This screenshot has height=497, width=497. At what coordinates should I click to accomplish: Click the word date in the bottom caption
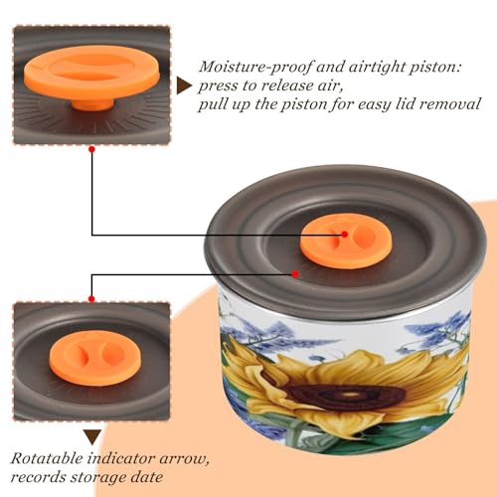tap(151, 477)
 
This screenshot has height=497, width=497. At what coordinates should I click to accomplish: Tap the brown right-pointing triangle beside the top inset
tap(184, 86)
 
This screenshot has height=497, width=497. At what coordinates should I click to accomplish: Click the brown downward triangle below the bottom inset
tap(92, 437)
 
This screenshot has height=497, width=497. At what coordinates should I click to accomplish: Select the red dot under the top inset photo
tap(92, 149)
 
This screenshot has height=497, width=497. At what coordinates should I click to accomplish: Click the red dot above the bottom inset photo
tap(91, 299)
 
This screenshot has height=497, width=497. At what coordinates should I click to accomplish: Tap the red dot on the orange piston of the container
tap(345, 235)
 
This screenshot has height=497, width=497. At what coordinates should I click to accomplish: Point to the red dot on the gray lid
tap(295, 274)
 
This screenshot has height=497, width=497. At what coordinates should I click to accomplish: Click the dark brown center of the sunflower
tap(346, 396)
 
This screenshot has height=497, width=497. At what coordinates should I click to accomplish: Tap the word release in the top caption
tap(285, 85)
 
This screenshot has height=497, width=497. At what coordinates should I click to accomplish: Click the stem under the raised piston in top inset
tap(92, 103)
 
